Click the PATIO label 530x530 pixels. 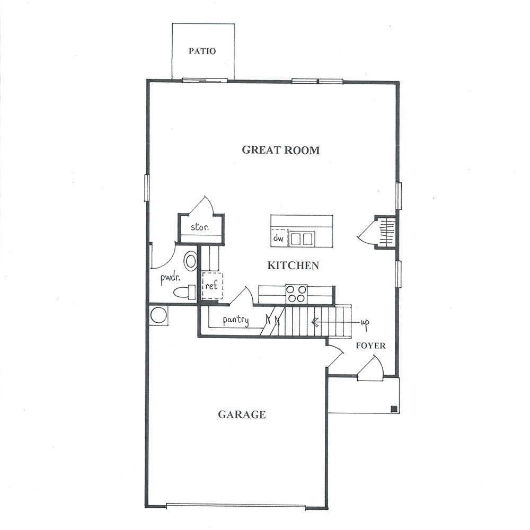coord(202,51)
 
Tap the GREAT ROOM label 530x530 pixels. coord(280,150)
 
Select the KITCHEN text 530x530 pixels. coord(293,266)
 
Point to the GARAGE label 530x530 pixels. coord(242,414)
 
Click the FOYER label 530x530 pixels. coord(370,346)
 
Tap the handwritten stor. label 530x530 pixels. coord(200,227)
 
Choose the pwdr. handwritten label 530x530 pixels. coord(170,279)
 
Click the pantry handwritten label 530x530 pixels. coord(236,320)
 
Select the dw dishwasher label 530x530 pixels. coord(278,238)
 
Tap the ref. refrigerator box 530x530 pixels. coord(213,285)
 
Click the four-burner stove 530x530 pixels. coord(296,294)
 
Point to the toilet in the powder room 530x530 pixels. coord(184,292)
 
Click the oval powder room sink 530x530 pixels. coord(191,261)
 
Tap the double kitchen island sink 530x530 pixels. coord(302,238)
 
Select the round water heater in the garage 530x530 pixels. coord(158,315)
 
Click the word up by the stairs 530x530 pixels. coord(365,322)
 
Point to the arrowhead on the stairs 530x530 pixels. coord(315,322)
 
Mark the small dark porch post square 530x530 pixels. coord(394,409)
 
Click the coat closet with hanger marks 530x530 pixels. coord(385,233)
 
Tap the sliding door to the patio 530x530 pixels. coord(205,81)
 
